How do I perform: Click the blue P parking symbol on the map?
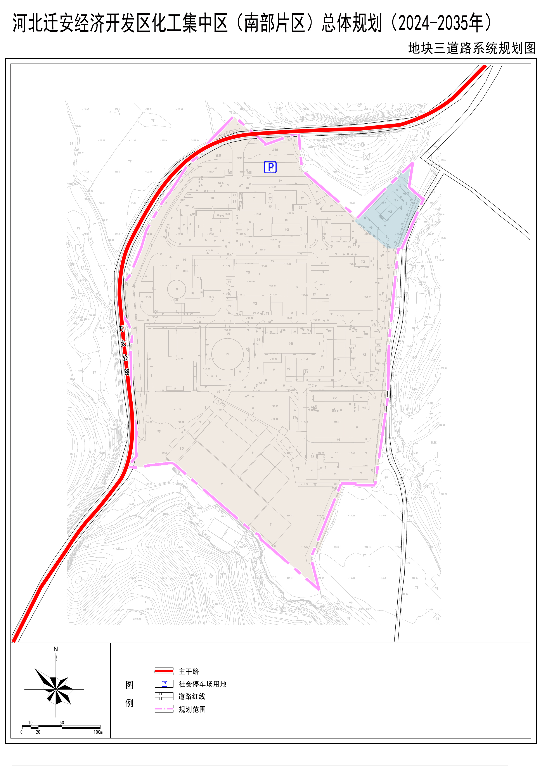pyautogui.click(x=270, y=167)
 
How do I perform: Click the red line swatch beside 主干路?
pyautogui.click(x=164, y=671)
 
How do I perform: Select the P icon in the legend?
pyautogui.click(x=165, y=684)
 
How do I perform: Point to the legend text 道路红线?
pyautogui.click(x=192, y=696)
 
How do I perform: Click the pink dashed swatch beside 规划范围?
pyautogui.click(x=164, y=709)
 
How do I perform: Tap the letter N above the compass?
pyautogui.click(x=56, y=649)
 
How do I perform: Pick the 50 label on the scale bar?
pyautogui.click(x=62, y=723)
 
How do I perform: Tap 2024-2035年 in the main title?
pyautogui.click(x=441, y=23)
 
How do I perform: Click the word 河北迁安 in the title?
pyautogui.click(x=43, y=23)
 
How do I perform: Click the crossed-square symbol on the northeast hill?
pyautogui.click(x=366, y=157)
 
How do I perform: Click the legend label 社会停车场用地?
pyautogui.click(x=202, y=684)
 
